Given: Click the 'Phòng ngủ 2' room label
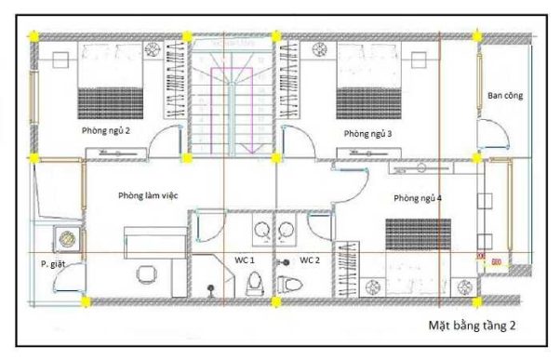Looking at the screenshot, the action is click(x=106, y=131).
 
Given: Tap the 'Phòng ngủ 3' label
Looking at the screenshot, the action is click(x=367, y=134).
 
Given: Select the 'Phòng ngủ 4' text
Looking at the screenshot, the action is click(x=418, y=198).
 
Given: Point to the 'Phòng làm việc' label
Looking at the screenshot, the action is click(x=148, y=195).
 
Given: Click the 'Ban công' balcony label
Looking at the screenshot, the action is click(x=505, y=96).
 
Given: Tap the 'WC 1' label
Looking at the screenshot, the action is click(x=245, y=260).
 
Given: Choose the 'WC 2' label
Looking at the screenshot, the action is click(x=309, y=260).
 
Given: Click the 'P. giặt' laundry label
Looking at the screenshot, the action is click(x=53, y=264).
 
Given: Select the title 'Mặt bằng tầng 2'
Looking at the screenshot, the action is click(x=473, y=326).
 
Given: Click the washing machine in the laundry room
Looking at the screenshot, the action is click(x=67, y=238).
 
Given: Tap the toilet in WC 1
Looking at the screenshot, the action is click(x=255, y=284).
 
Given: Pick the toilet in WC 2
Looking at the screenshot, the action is click(x=289, y=285).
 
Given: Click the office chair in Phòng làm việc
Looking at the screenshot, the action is click(x=146, y=274).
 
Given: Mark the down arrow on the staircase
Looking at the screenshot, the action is click(x=250, y=148).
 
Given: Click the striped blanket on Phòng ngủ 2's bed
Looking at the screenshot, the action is click(x=111, y=103).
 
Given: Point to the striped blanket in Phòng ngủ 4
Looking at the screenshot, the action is click(x=419, y=234).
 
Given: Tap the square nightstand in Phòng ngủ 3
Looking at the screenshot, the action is click(x=419, y=60).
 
